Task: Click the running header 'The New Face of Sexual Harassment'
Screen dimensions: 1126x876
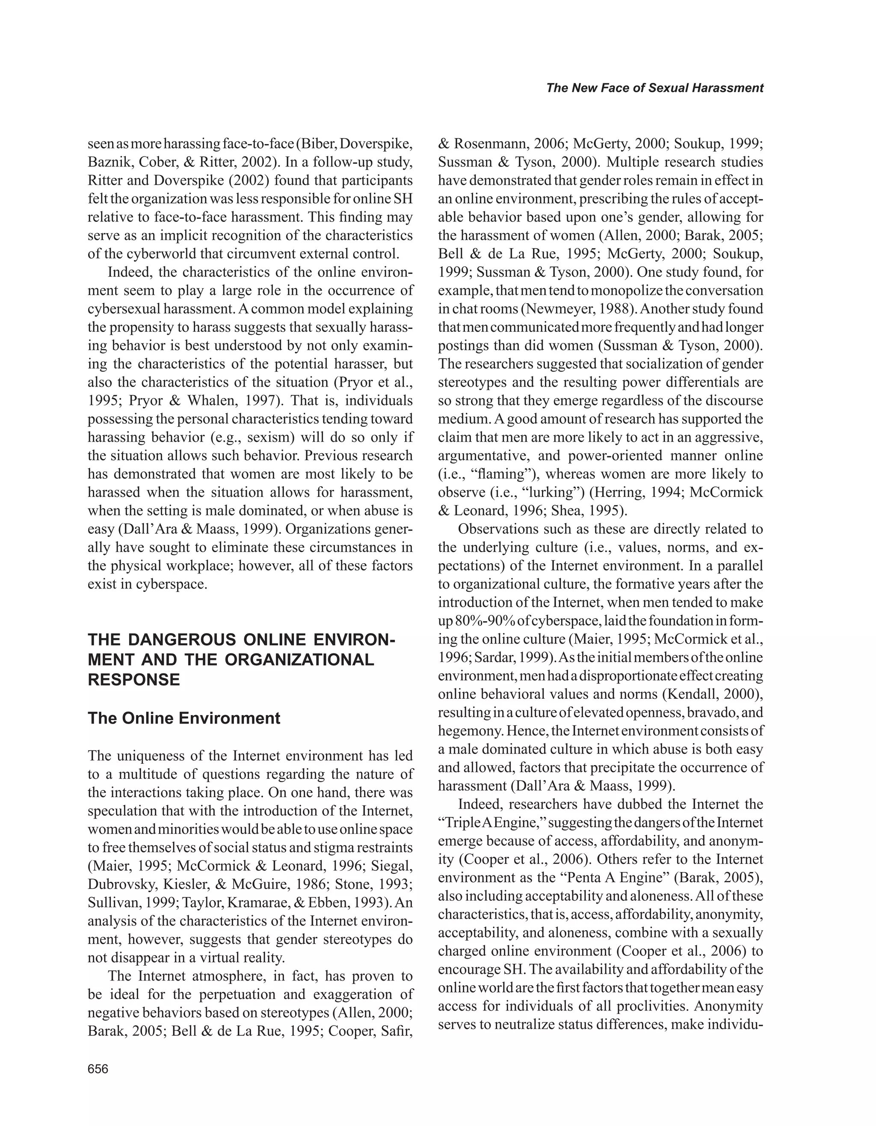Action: click(654, 88)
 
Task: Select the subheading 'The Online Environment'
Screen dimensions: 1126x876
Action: click(184, 718)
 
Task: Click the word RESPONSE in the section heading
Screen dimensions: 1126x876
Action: click(134, 680)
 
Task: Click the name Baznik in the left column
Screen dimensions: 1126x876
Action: click(109, 162)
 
